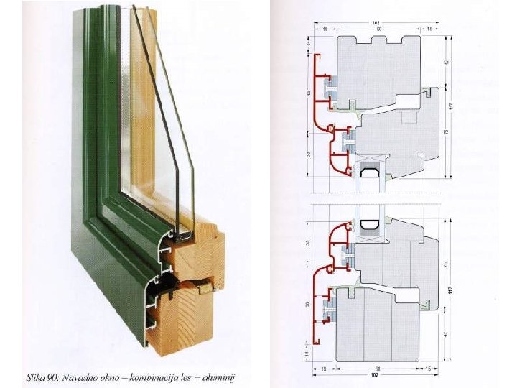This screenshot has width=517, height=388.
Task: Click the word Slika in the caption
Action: point(35,377)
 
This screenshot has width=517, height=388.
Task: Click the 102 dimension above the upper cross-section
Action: point(376,22)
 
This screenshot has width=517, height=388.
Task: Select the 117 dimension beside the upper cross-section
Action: point(450,106)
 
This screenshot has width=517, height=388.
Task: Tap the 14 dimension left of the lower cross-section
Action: point(308,354)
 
